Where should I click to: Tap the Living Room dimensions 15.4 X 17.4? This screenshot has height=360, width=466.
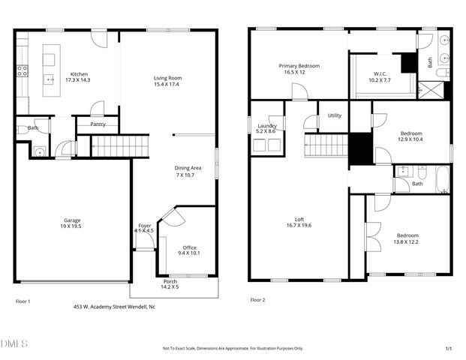tap(168, 84)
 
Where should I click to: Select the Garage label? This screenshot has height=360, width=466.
tap(71, 221)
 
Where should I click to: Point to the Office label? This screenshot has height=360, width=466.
tap(190, 247)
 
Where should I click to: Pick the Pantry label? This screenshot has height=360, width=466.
tap(98, 124)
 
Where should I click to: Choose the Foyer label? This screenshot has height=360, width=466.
tap(145, 225)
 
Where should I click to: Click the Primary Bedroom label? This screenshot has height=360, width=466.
tap(299, 66)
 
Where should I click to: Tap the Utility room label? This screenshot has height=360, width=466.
tap(334, 115)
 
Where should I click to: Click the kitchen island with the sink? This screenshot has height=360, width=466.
tap(51, 67)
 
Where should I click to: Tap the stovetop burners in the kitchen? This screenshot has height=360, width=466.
tap(23, 71)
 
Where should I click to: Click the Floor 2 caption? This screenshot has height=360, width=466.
tap(257, 299)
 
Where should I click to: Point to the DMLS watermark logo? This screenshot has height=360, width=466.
tap(14, 344)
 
